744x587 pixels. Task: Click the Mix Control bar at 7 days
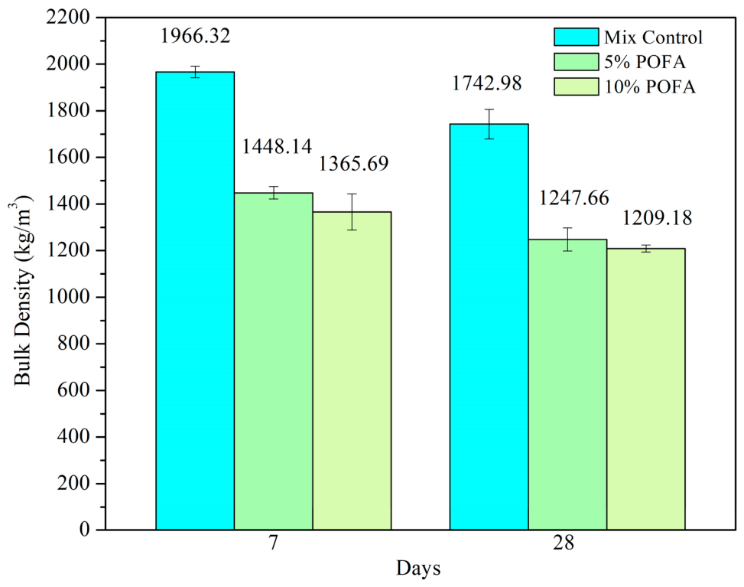pos(195,301)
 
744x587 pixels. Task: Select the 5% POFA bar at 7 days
pos(273,361)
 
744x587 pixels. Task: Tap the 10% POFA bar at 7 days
pos(352,371)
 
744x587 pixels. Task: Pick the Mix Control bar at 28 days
pos(489,327)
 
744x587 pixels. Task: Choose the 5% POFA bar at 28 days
pos(567,385)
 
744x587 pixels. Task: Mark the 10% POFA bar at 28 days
pos(646,389)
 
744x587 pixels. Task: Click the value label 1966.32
pos(195,36)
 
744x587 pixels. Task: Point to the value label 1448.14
pos(277,146)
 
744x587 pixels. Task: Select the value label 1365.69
pos(353,164)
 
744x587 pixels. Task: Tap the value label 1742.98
pos(486,83)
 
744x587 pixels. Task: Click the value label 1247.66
pos(573,198)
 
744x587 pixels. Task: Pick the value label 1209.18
pos(657,218)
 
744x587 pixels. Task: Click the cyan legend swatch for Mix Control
pos(576,37)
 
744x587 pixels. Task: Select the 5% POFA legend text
pos(645,62)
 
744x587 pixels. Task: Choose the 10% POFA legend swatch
pos(576,86)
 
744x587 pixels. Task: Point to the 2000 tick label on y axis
pos(68,64)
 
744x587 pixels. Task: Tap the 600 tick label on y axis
pos(73,390)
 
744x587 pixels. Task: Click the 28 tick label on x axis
pos(564,543)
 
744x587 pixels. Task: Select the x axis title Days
pos(418,569)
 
